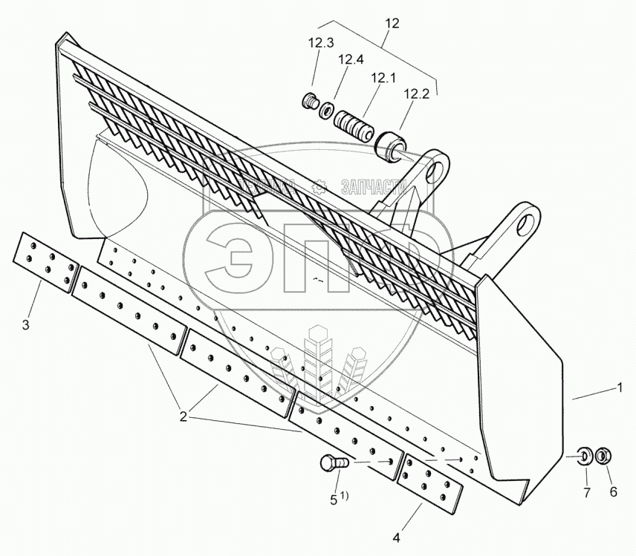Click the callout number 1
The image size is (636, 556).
click(618, 387)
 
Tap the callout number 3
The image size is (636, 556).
click(25, 324)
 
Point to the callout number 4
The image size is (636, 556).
click(396, 536)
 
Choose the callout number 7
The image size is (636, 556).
click(585, 491)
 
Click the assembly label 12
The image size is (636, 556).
click(392, 24)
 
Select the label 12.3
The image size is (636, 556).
click(321, 43)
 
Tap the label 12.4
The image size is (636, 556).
click(351, 59)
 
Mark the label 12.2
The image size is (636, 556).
click(417, 94)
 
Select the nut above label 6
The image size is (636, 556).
click(604, 454)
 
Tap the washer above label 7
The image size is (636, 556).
click(584, 454)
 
